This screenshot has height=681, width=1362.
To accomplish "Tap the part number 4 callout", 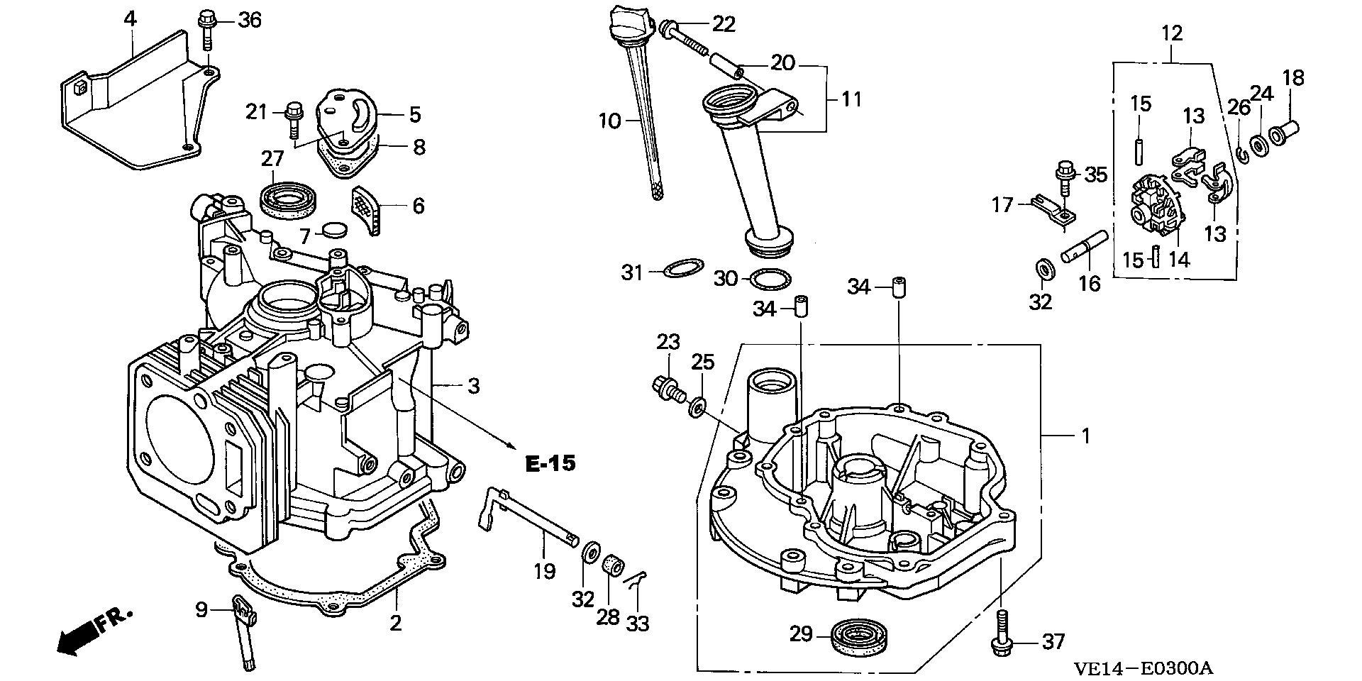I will (130, 19).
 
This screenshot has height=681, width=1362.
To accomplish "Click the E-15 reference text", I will (550, 464).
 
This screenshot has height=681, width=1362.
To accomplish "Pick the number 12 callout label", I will (1172, 33).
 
